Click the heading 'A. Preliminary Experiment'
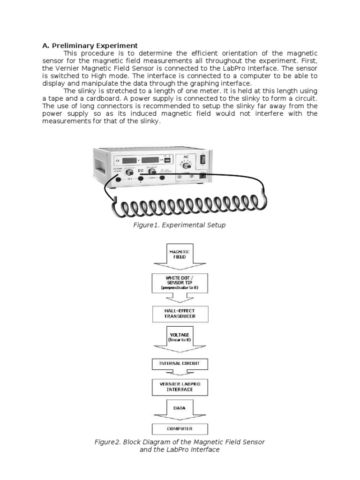pos(90,45)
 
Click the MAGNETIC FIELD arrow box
pos(180,254)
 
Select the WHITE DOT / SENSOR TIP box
pos(180,284)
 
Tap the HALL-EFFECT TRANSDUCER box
pos(180,314)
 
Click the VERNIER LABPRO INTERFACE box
pos(180,387)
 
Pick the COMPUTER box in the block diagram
pos(180,428)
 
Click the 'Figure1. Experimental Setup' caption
pos(180,225)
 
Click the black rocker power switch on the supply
pos(203,160)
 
